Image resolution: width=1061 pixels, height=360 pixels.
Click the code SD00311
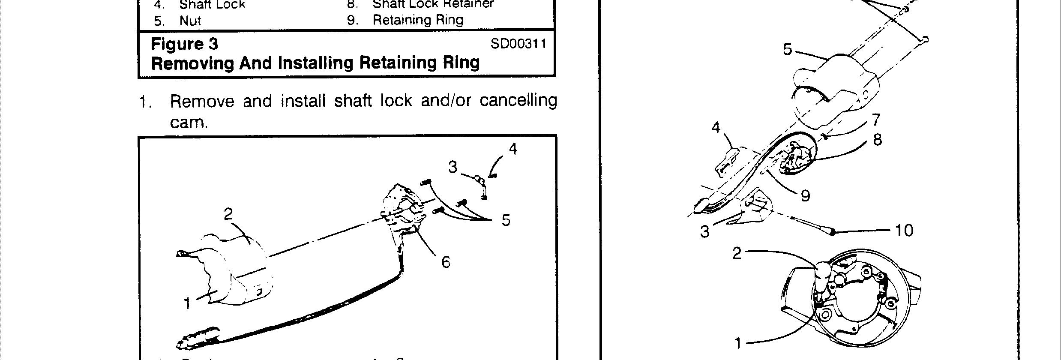pos(519,44)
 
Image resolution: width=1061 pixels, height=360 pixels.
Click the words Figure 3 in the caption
pos(185,44)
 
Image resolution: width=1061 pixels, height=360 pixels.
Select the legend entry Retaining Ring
pos(418,20)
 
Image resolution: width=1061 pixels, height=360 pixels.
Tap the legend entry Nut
pos(190,21)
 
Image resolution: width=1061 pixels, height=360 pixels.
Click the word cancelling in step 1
pos(518,100)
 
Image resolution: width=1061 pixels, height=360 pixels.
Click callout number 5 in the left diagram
pos(506,220)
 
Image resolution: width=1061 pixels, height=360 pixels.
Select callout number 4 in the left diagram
pos(513,149)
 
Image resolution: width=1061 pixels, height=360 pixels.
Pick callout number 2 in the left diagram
pos(228,213)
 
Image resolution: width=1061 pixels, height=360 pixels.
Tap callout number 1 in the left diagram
pos(187,303)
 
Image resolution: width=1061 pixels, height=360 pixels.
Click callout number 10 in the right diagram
pos(904,231)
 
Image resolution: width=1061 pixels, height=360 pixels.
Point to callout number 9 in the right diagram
pos(805,196)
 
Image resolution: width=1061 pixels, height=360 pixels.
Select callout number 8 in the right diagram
pos(877,140)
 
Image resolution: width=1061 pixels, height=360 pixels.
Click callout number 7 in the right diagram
pos(876,120)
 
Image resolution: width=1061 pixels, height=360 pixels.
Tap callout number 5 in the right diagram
pos(788,50)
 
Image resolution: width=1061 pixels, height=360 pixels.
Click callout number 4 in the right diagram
pos(716,128)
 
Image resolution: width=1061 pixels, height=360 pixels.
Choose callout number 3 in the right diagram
pos(705,232)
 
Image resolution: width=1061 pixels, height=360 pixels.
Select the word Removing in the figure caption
pos(192,63)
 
